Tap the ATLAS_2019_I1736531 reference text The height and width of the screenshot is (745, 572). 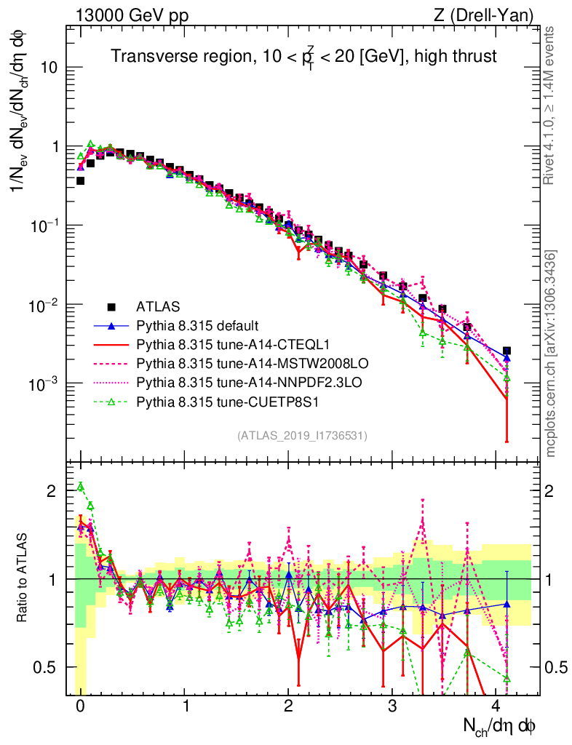point(302,436)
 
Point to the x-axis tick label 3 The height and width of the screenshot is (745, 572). point(392,706)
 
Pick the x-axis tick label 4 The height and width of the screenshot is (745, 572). point(496,706)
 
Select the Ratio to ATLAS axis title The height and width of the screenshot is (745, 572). point(23,578)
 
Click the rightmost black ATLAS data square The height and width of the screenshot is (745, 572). point(507,351)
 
